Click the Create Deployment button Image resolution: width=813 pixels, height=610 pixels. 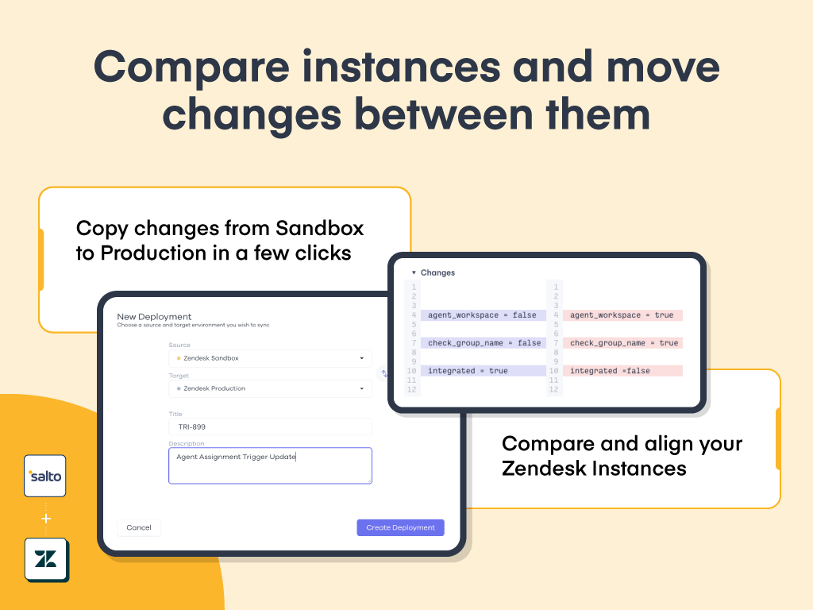(400, 527)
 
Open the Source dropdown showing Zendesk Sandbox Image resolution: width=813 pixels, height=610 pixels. (270, 358)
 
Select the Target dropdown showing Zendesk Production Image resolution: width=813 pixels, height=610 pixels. (270, 388)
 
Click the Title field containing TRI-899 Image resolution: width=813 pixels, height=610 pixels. (270, 427)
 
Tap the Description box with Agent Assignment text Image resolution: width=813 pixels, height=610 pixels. (270, 465)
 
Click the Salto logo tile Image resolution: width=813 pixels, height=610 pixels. (45, 476)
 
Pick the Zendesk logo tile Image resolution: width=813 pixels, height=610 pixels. (45, 559)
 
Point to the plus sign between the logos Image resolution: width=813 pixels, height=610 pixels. (45, 518)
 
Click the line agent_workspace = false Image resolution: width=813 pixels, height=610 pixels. (483, 315)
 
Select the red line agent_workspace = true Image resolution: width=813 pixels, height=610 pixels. (622, 315)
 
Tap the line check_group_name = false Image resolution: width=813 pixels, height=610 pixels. (483, 343)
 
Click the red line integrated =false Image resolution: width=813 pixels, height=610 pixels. (622, 371)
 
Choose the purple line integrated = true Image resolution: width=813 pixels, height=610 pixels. (483, 371)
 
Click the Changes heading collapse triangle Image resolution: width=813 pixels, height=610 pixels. (414, 272)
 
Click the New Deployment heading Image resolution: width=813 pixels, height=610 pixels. (154, 316)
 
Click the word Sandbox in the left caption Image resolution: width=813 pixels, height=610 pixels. (319, 228)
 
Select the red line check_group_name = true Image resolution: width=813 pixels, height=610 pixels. (622, 343)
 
